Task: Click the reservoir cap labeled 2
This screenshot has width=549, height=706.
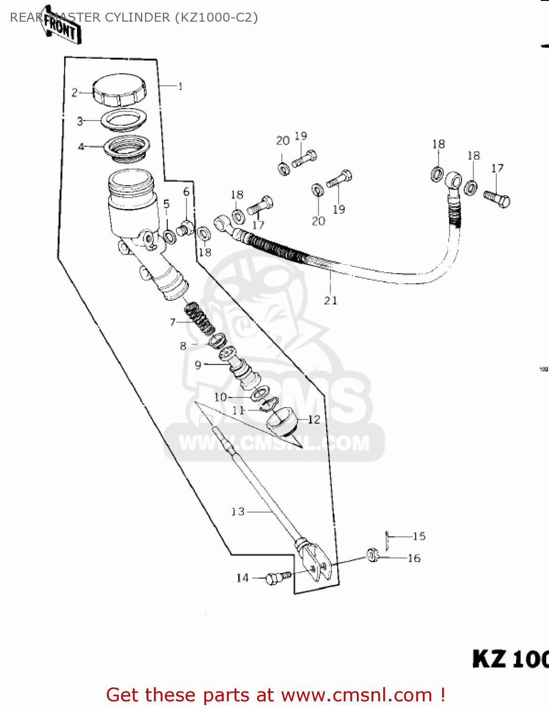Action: (x=119, y=90)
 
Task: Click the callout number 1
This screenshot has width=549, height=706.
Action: (x=180, y=86)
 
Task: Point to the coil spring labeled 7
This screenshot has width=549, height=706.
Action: (x=200, y=320)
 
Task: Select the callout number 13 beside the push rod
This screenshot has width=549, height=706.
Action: (x=238, y=511)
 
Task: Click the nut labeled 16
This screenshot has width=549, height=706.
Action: (x=373, y=555)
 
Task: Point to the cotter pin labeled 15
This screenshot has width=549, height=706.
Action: (x=387, y=540)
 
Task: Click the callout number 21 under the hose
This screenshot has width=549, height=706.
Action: (x=331, y=300)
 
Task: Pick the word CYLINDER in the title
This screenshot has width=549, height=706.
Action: (x=137, y=17)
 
